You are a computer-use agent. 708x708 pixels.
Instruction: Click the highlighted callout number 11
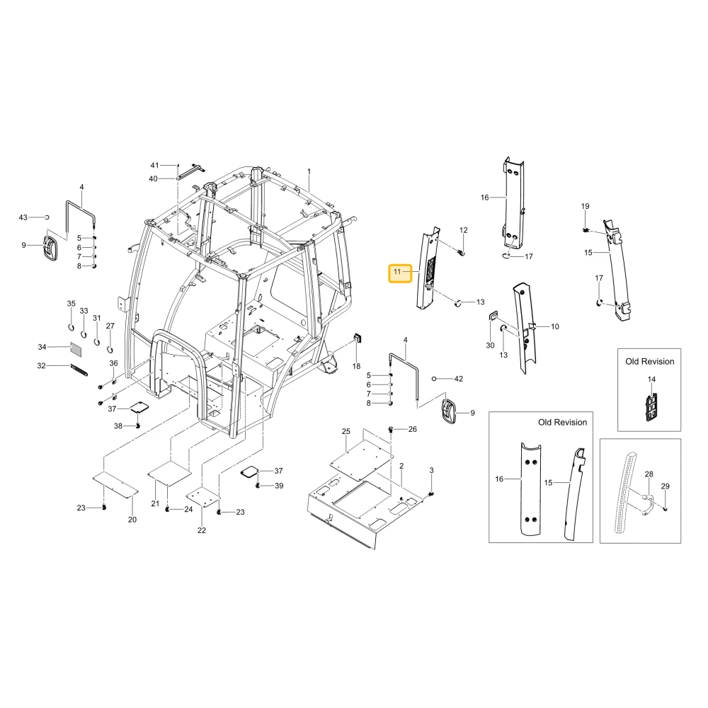[x=397, y=272]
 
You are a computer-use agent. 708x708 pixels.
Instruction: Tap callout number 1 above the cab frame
[x=309, y=171]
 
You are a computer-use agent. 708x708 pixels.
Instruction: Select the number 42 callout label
[x=459, y=379]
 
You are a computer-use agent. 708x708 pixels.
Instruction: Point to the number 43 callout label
[x=23, y=217]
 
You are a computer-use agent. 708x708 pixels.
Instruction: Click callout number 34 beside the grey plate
[x=42, y=347]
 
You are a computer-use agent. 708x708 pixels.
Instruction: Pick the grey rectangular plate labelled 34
[x=76, y=348]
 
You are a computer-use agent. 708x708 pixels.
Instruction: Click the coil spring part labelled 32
[x=79, y=370]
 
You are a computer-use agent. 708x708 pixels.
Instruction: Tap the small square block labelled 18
[x=357, y=338]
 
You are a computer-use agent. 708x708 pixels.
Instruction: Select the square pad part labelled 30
[x=493, y=316]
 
